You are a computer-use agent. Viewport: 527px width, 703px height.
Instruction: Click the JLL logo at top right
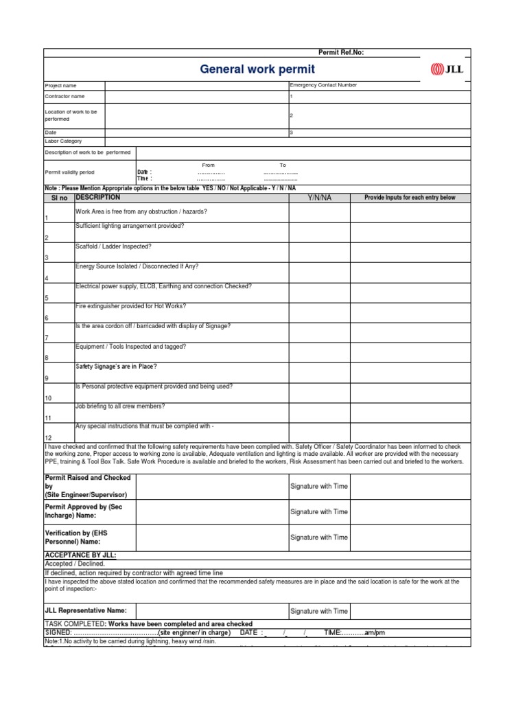click(446, 68)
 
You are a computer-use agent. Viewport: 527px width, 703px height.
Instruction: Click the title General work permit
click(257, 69)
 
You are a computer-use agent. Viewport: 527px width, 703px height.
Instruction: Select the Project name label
click(60, 86)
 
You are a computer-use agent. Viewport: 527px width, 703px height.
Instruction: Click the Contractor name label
click(65, 97)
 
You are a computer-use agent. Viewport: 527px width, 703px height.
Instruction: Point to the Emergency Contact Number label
click(323, 85)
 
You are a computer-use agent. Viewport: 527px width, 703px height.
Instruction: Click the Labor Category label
click(63, 141)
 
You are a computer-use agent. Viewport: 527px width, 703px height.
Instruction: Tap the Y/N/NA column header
click(319, 198)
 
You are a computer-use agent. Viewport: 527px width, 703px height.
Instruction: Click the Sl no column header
click(60, 198)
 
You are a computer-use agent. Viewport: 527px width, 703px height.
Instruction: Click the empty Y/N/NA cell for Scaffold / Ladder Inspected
click(319, 252)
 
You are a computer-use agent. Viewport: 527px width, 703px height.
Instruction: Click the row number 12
click(48, 437)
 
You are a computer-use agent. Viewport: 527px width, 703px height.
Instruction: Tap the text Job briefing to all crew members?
click(120, 406)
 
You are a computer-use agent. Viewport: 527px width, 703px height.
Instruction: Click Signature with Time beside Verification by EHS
click(319, 538)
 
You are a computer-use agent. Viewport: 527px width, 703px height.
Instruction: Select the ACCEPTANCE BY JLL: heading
click(80, 554)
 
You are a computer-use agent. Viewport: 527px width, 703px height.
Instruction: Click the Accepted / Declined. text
click(75, 564)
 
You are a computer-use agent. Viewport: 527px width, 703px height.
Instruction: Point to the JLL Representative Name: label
click(86, 610)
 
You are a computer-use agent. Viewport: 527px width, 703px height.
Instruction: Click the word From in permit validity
click(209, 165)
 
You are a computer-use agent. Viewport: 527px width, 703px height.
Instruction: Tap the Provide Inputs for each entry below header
click(410, 198)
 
